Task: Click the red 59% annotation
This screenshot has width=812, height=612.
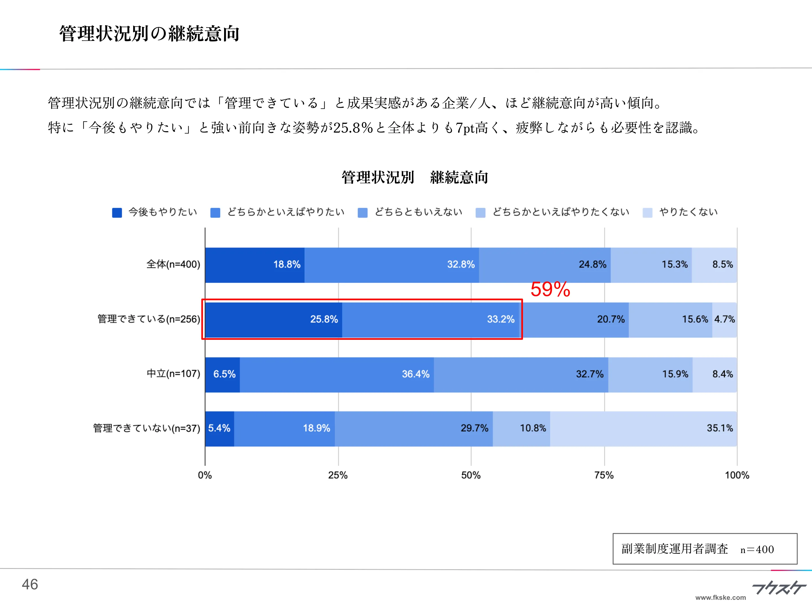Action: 550,289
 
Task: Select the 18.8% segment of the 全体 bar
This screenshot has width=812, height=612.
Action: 255,265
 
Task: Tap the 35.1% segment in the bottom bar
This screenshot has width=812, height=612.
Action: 643,428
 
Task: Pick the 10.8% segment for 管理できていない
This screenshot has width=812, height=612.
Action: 521,428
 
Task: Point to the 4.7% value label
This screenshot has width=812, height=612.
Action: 724,319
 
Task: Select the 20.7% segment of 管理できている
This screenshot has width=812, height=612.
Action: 576,319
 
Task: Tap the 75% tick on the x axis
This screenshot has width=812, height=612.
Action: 604,475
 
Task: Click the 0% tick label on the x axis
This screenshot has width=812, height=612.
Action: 205,475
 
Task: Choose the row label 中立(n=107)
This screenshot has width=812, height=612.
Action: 173,374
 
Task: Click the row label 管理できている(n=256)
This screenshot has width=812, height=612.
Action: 149,319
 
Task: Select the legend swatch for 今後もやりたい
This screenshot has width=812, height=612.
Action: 117,212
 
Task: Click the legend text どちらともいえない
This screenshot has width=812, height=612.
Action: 418,212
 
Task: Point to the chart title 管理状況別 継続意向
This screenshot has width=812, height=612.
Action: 415,178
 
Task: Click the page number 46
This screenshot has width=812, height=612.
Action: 30,584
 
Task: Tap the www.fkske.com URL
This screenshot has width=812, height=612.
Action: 720,598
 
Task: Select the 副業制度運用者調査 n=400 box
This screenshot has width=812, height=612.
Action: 705,549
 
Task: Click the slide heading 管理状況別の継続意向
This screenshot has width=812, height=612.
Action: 149,34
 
